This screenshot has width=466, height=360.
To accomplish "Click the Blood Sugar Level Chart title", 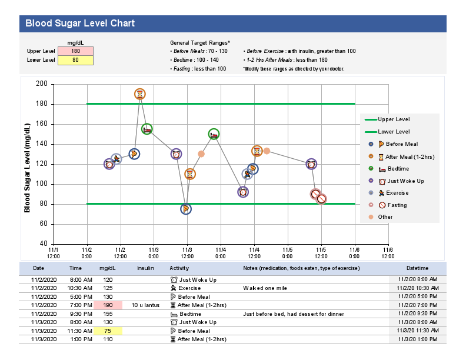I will coord(80,24).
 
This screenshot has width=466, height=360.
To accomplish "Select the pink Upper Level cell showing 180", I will coord(75,51).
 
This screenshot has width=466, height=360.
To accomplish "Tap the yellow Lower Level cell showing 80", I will coord(75,60).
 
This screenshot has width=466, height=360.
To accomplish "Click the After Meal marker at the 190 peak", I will coord(139,94).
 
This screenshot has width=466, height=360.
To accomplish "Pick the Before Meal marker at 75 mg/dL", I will coord(186,209).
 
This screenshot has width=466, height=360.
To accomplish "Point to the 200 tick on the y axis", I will coord(42,84).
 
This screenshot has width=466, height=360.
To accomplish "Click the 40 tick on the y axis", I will coord(42,244).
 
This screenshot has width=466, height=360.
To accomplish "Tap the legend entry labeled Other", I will coord(385,217).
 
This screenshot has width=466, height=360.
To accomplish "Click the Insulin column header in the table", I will coord(145,268).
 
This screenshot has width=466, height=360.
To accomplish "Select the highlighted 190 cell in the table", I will coord(108,305).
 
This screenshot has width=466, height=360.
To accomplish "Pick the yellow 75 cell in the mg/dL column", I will coord(108,331).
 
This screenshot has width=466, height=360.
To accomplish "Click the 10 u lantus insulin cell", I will coord(145,305).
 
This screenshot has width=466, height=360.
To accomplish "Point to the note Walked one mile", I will coord(266,288).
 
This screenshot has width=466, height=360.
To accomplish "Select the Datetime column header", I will coord(417,268).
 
